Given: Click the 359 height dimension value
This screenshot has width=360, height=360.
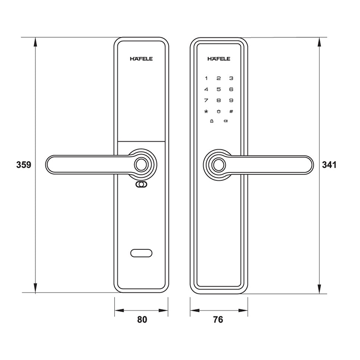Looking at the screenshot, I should tap(23, 165).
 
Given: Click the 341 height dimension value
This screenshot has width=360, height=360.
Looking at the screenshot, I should tap(329, 165).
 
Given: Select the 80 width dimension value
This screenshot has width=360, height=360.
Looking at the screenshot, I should tap(142, 320).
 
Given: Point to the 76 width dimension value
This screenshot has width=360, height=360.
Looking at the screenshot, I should tap(218, 320).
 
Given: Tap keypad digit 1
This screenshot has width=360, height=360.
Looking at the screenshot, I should tap(207, 78).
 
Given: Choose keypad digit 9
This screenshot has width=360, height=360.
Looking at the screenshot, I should tap(231, 100).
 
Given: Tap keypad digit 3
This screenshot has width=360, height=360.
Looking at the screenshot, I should tap(231, 78).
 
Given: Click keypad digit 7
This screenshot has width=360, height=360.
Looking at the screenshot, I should tap(207, 100).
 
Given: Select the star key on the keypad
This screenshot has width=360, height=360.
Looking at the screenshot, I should tap(207, 112).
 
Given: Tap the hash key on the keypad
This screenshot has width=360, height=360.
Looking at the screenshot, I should tap(231, 112).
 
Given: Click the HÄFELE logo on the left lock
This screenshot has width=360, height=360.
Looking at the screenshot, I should tap(141, 58).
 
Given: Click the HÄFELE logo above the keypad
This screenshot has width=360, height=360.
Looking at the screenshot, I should tap(219, 58).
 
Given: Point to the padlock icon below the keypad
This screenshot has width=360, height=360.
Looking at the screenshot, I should tap(211, 121).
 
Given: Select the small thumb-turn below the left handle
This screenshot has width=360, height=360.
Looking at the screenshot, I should tap(141, 185).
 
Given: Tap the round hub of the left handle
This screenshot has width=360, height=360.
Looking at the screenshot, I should tap(142, 165).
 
